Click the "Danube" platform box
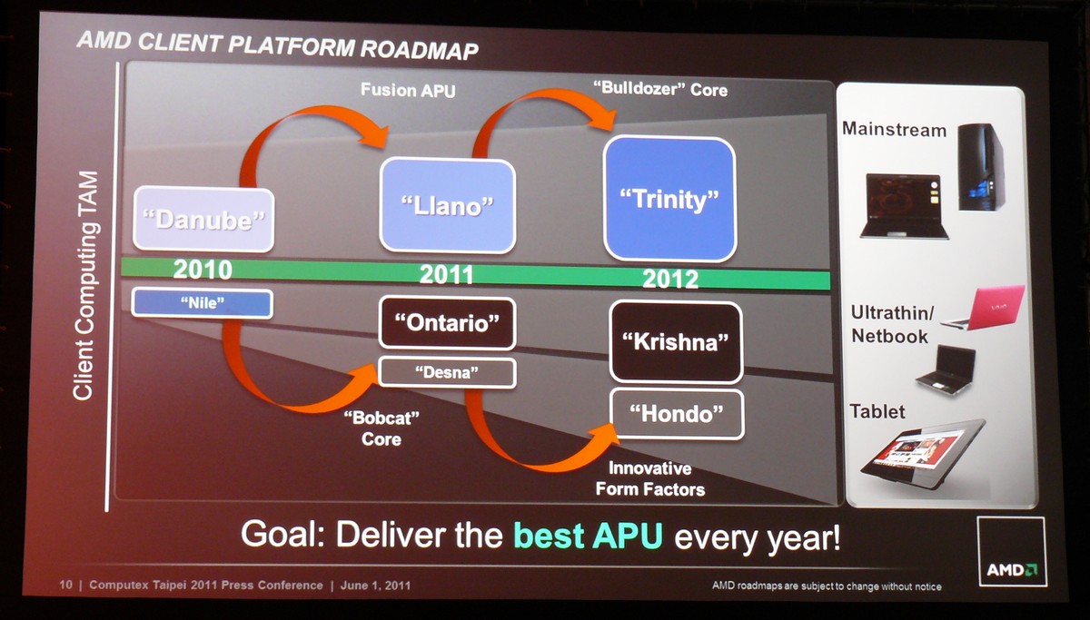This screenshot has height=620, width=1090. pos(203,219)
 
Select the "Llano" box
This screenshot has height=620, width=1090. pos(447,205)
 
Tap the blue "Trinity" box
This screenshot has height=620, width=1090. pos(669,199)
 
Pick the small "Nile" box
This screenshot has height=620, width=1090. pos(202,303)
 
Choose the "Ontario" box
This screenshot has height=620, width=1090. pos(447,323)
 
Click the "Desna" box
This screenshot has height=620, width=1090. pos(447,372)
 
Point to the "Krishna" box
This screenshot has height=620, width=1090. pos(676,342)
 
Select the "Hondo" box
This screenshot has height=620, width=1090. pos(677,414)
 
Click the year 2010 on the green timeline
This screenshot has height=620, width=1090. pos(203,270)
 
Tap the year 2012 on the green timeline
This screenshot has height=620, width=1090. pos(670,279)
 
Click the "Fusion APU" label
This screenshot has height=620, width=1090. pos(408,91)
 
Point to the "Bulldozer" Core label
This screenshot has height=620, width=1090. pos(660,89)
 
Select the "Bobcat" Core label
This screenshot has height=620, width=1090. pos(381,428)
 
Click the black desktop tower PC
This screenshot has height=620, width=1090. pos(980,167)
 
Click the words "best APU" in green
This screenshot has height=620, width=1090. pos(589,536)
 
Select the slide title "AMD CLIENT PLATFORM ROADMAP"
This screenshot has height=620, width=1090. pos(277,45)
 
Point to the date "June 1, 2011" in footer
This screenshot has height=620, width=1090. pos(375,586)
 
